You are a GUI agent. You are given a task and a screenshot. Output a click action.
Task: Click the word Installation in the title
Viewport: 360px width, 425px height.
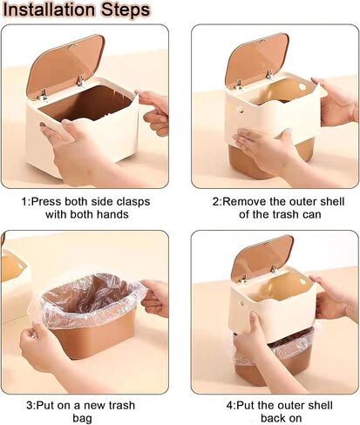(x=49, y=10)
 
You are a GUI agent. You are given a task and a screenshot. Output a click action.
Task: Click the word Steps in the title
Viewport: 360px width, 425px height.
(x=126, y=10)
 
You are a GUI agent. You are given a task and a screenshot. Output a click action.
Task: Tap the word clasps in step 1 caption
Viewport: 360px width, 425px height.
(x=133, y=202)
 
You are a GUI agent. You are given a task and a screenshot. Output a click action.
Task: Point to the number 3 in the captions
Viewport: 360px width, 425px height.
(x=29, y=405)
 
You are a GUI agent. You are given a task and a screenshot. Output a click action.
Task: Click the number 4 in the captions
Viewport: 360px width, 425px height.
(x=229, y=405)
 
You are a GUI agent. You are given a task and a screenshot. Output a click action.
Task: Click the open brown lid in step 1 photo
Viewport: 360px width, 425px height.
(x=65, y=66)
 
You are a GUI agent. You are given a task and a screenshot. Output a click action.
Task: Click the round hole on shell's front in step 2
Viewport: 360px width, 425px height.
(x=241, y=110)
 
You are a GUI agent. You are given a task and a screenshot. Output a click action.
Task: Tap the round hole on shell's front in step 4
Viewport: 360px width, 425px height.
(x=241, y=303)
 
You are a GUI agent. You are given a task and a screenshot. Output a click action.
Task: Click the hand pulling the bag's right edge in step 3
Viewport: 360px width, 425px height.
(x=155, y=298)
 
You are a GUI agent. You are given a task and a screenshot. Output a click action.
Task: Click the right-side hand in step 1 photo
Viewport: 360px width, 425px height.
(x=154, y=111)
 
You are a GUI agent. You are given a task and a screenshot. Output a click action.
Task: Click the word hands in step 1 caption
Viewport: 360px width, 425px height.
(x=112, y=214)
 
